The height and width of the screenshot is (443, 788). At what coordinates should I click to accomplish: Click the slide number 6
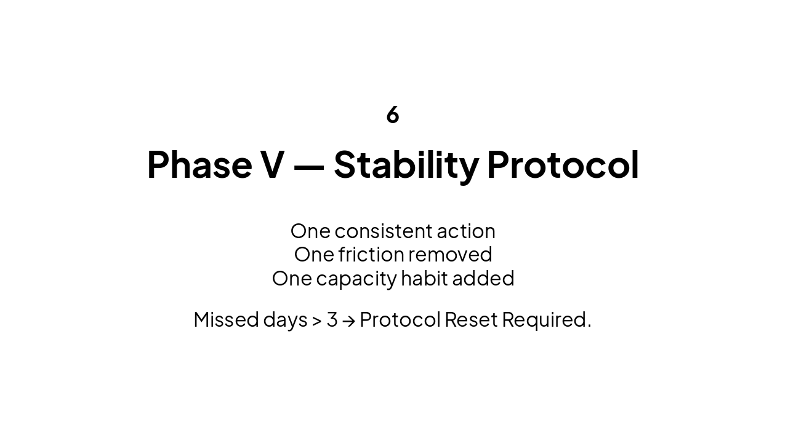(393, 115)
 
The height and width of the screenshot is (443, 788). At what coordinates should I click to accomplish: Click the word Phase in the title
(199, 165)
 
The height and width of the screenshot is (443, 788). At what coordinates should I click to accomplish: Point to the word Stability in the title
(406, 165)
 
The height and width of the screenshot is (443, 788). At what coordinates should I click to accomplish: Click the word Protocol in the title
(563, 165)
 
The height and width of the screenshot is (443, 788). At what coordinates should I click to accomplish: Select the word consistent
(383, 231)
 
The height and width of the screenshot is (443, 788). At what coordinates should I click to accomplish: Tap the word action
(465, 231)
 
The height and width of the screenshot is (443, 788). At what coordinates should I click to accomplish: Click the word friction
(371, 254)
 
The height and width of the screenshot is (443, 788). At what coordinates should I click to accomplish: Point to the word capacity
(356, 279)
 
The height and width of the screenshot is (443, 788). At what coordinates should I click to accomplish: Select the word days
(285, 320)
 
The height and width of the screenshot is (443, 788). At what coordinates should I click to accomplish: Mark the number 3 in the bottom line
(332, 319)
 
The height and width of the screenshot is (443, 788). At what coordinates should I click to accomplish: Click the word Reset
(471, 319)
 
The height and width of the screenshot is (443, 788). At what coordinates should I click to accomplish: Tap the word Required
(546, 320)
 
